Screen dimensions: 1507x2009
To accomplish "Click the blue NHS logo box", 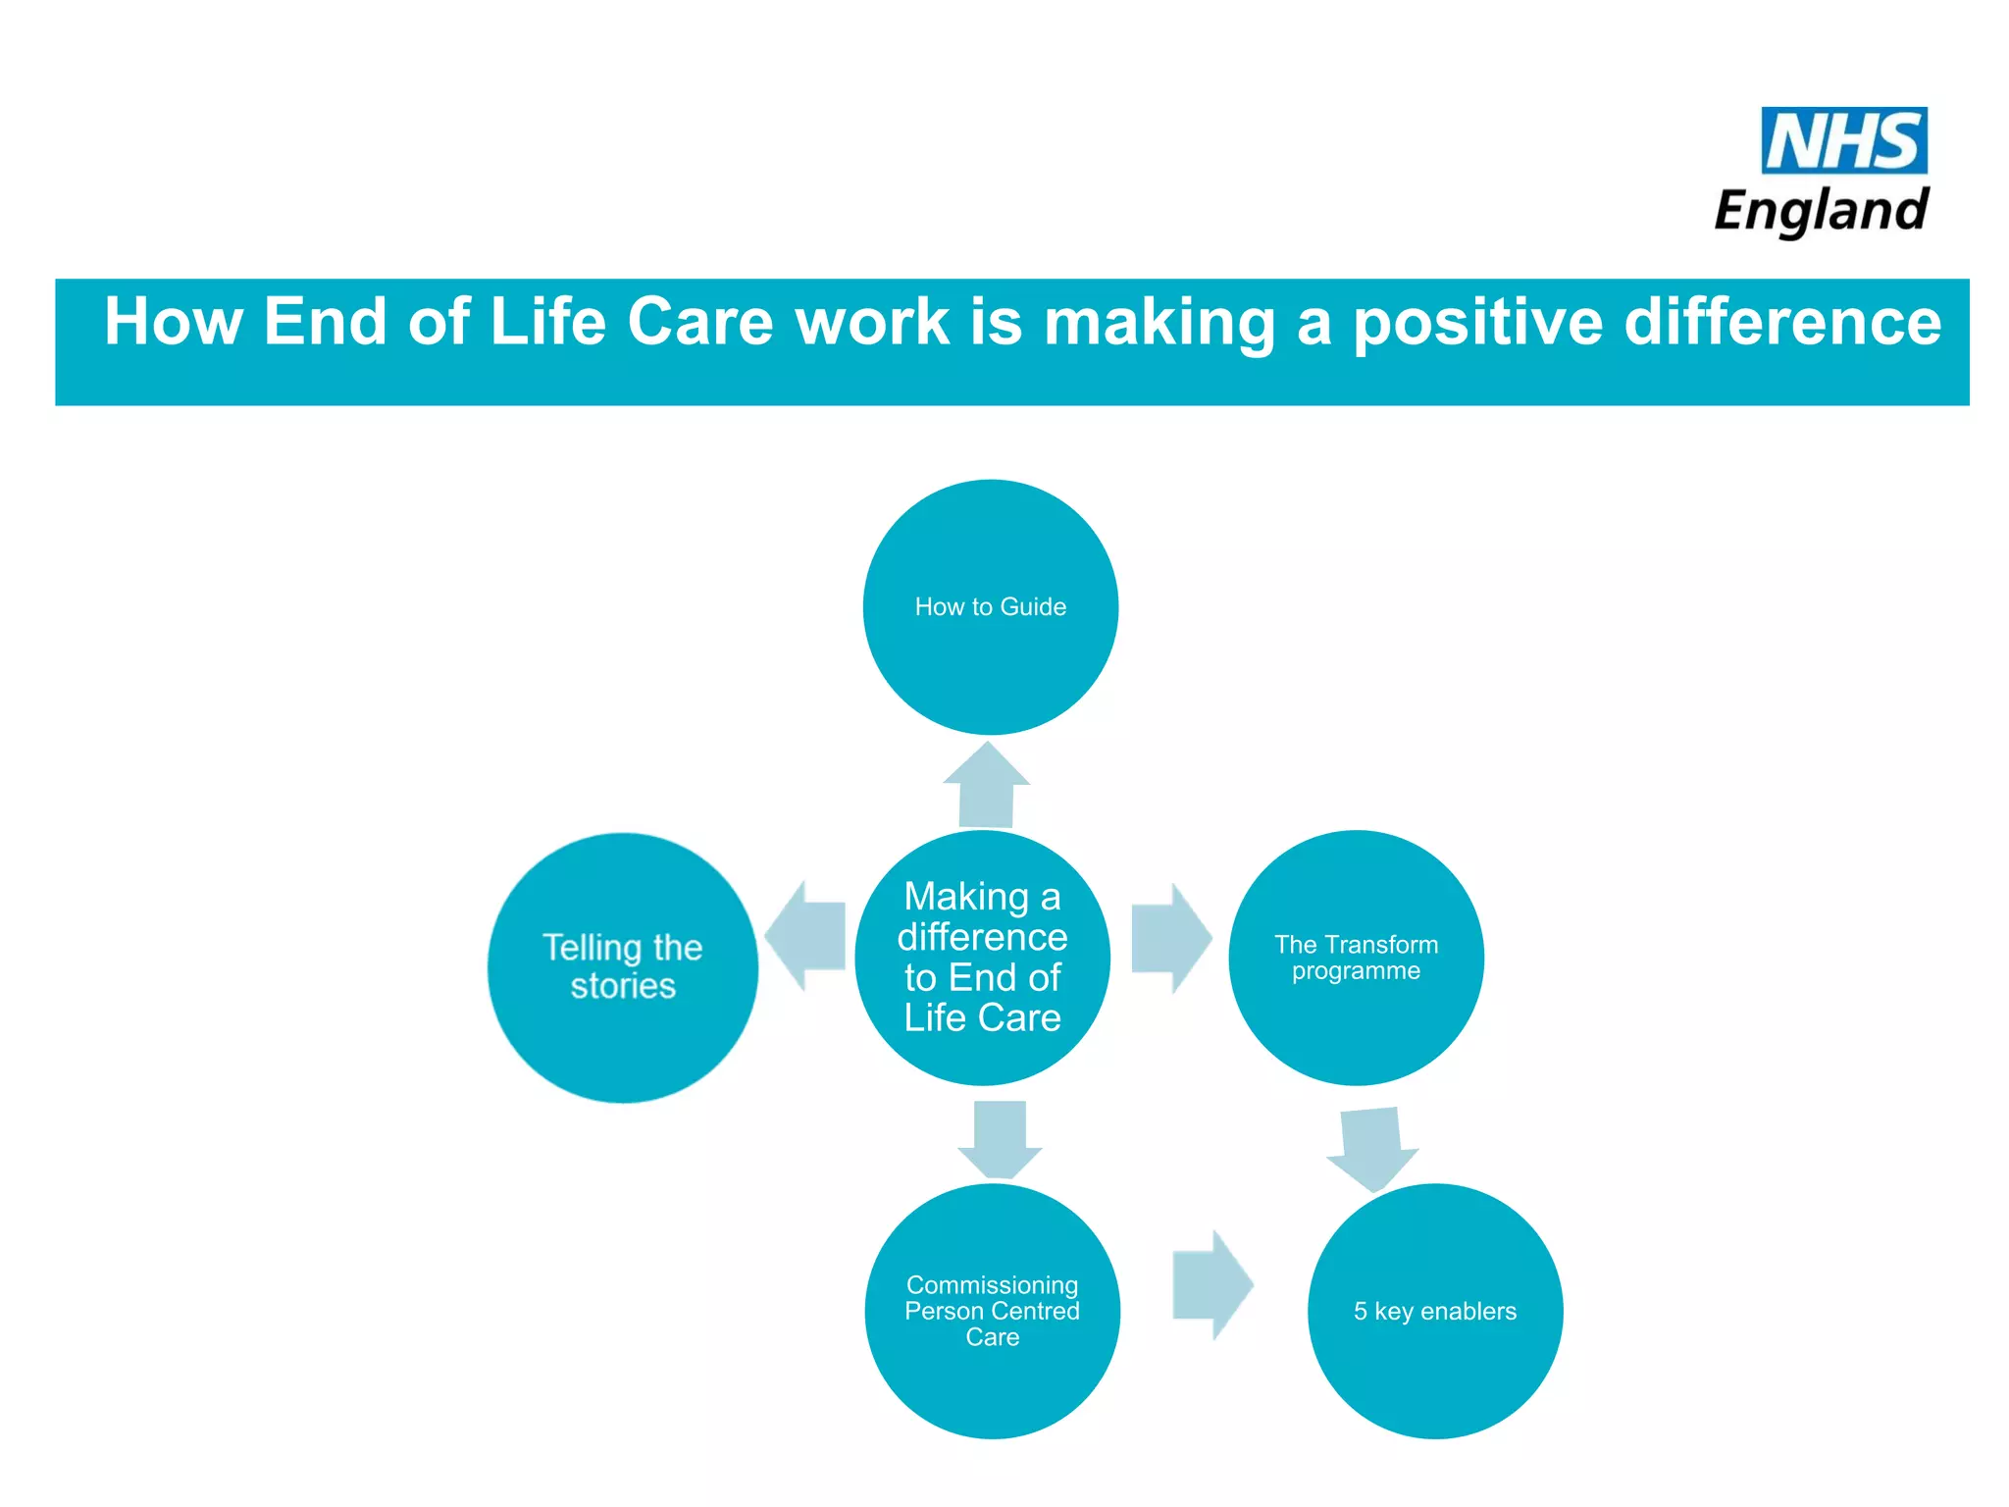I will click(x=1844, y=140).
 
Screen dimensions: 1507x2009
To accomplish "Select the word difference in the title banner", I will click(x=1782, y=322).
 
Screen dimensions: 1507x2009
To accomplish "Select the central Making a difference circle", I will click(x=982, y=958).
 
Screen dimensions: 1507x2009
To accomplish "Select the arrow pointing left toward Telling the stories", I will click(x=806, y=936).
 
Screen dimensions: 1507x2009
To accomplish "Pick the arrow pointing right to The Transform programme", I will click(x=1170, y=939).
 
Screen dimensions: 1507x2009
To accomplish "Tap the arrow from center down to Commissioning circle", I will click(x=1000, y=1138).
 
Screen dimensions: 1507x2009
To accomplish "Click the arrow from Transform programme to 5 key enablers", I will click(x=1372, y=1148).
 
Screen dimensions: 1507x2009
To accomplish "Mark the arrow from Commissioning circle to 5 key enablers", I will click(x=1212, y=1285).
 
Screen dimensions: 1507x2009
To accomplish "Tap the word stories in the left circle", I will click(x=623, y=986).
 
